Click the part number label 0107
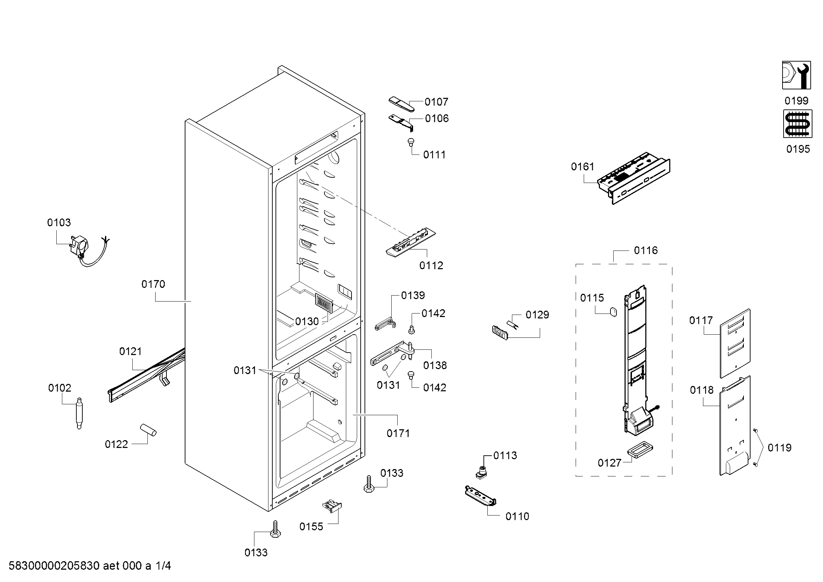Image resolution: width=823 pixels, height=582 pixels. coord(436,102)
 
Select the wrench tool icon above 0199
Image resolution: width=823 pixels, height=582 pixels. coord(796,75)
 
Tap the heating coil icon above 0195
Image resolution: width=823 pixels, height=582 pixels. coord(798,124)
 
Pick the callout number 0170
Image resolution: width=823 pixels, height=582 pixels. coord(153,284)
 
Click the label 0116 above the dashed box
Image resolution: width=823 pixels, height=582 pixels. coord(646,251)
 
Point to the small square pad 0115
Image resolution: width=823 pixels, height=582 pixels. coord(613,311)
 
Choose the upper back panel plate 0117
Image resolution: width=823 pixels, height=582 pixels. coord(735,343)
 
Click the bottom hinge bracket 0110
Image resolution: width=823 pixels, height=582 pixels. coord(480,496)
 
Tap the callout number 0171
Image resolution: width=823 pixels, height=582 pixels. coord(398,434)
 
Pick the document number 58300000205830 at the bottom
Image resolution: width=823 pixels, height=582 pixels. coord(54,566)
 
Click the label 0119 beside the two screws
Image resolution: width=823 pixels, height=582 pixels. coord(779,448)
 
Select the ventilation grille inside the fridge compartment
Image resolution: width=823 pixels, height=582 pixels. coord(324,304)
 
